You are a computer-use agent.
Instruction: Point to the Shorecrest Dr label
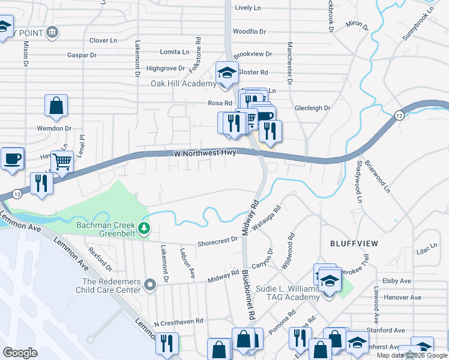(218, 241)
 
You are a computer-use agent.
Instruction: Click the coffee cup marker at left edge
(13, 158)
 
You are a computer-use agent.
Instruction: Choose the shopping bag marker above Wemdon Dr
(56, 107)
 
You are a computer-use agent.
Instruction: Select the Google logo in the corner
(20, 353)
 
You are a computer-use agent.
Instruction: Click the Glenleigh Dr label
(312, 108)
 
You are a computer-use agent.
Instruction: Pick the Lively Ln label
(248, 8)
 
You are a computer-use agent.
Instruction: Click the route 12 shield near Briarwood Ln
(399, 116)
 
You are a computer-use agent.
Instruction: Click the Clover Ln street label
(103, 40)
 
